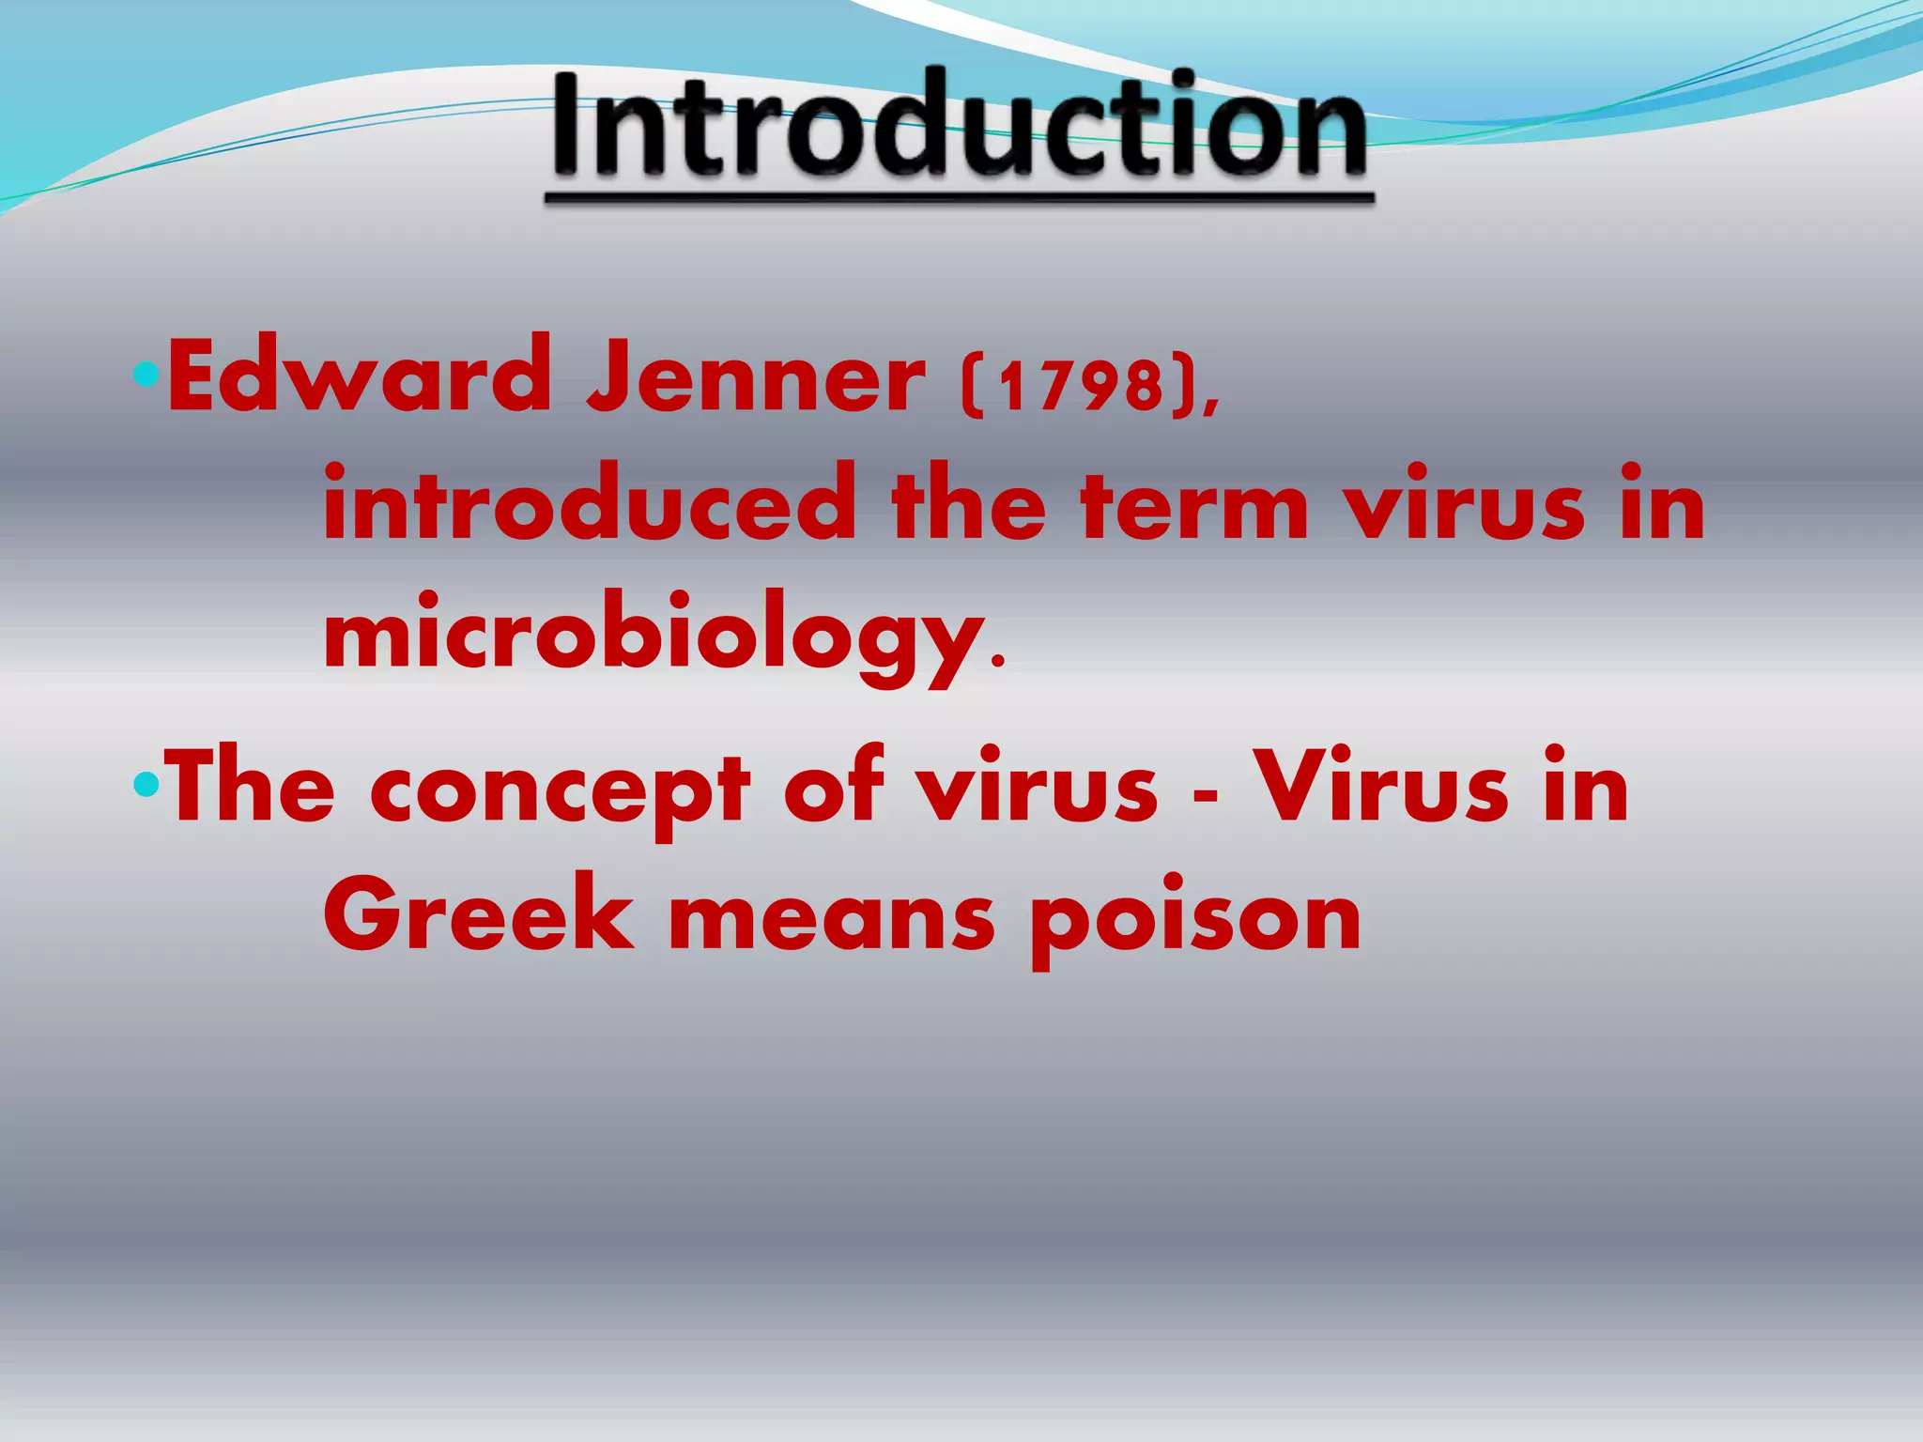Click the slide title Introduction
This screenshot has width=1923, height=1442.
tap(959, 127)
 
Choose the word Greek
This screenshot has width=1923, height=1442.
tap(479, 914)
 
